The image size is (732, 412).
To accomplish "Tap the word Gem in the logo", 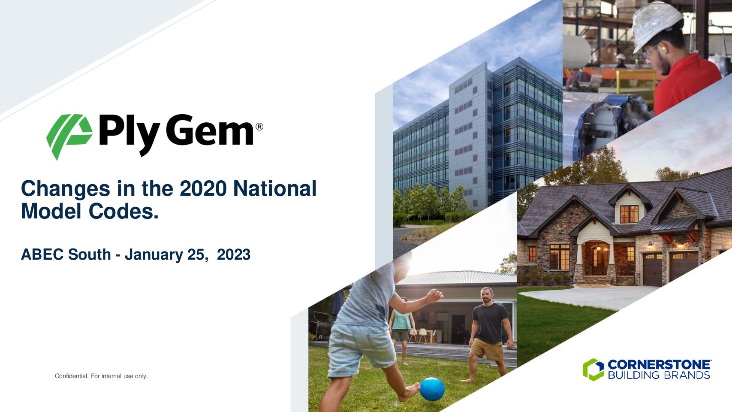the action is pyautogui.click(x=209, y=130).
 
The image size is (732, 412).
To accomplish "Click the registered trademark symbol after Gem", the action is pyautogui.click(x=259, y=127).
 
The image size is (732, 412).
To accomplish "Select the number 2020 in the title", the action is pyautogui.click(x=203, y=189).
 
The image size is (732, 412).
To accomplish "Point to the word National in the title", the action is pyautogui.click(x=275, y=189).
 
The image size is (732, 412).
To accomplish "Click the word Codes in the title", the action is pyautogui.click(x=124, y=211).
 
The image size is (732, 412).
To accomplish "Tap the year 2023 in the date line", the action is pyautogui.click(x=234, y=254).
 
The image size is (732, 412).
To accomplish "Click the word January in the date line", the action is pyautogui.click(x=154, y=255).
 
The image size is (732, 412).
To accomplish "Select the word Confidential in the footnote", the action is pyautogui.click(x=72, y=376).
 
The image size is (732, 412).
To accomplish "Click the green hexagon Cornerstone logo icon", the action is pyautogui.click(x=593, y=370).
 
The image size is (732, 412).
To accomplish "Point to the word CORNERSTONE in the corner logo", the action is pyautogui.click(x=659, y=365).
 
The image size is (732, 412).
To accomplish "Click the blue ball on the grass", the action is pyautogui.click(x=432, y=389).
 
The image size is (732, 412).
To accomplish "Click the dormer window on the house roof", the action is pyautogui.click(x=629, y=214).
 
